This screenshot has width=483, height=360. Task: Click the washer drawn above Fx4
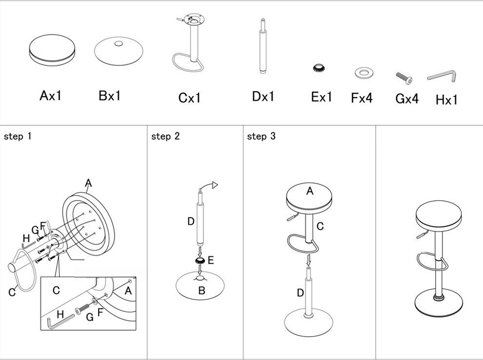(x=362, y=73)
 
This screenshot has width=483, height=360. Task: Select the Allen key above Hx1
(x=442, y=76)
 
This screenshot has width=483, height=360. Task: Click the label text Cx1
(x=189, y=98)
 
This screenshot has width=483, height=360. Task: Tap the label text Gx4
(x=406, y=99)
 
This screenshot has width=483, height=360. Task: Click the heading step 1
(x=17, y=137)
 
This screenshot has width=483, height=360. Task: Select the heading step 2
(x=165, y=137)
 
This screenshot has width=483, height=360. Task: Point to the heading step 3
(x=261, y=137)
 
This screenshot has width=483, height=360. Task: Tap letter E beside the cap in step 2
(x=210, y=260)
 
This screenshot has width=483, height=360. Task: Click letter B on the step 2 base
(x=201, y=291)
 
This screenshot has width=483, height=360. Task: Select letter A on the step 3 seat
(x=309, y=191)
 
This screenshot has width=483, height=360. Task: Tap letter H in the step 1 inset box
(x=60, y=315)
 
